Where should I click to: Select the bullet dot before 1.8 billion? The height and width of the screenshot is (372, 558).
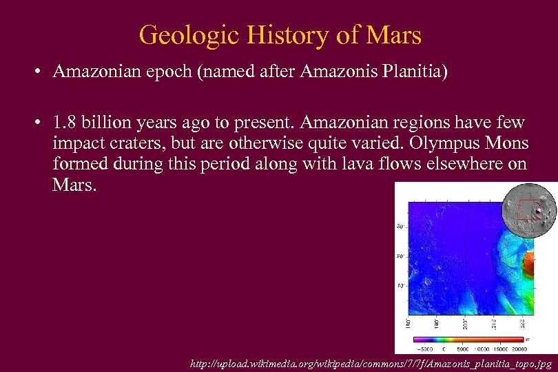click(41, 123)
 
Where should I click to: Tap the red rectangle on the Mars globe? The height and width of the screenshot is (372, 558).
click(528, 209)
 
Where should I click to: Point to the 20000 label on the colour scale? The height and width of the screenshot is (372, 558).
click(531, 349)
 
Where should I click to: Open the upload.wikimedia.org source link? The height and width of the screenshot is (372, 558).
click(372, 362)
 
